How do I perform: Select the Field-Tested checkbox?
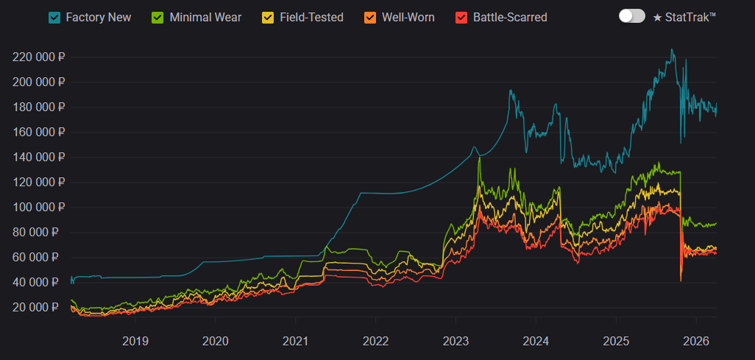(267, 17)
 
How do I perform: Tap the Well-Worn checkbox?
(371, 17)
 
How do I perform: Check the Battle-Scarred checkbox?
(462, 17)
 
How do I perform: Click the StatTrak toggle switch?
(632, 16)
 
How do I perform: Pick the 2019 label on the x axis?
(135, 341)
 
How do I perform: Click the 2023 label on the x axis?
(456, 341)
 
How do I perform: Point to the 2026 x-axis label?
(696, 341)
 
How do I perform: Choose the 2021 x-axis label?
(295, 341)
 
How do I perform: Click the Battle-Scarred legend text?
(510, 17)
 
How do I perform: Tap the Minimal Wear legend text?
(205, 17)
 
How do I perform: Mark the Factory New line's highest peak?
(671, 50)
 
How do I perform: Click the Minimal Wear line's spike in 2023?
(479, 158)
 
